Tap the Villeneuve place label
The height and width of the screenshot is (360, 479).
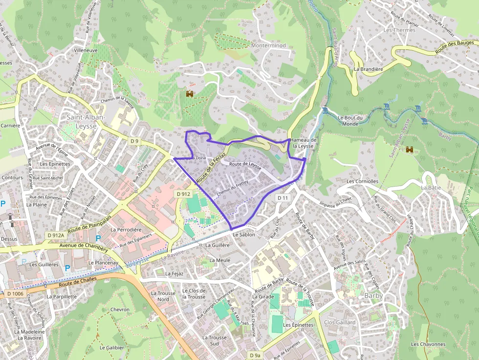86,50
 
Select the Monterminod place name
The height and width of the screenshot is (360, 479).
268,45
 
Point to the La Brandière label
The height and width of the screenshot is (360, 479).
369,69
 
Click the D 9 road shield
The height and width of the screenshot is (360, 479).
135,141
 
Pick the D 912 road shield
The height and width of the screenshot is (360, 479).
183,194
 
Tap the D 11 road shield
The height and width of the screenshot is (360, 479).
283,198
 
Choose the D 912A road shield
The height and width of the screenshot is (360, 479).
56,235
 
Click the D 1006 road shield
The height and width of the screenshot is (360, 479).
15,294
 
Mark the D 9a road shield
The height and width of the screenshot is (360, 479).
255,356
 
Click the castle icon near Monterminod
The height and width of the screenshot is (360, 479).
189,93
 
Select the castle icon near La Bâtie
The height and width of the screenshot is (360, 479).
410,150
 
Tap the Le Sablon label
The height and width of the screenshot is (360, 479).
244,235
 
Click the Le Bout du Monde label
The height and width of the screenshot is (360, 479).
350,120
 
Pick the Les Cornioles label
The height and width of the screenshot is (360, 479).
362,181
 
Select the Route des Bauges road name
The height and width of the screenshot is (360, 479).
456,48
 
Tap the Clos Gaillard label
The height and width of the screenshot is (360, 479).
340,322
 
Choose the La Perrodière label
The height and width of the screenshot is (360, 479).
126,230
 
